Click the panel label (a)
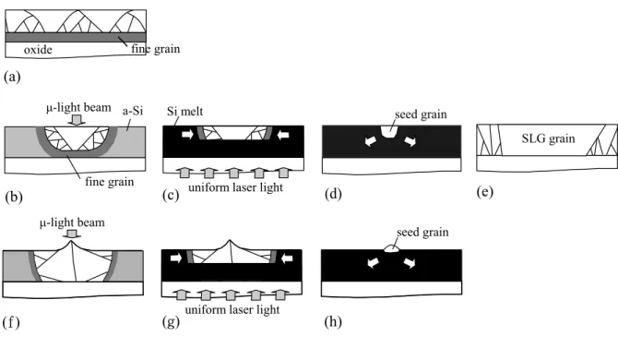click(12, 77)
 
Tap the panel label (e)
click(485, 192)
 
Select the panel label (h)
click(333, 322)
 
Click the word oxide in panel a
click(38, 50)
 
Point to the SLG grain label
click(548, 138)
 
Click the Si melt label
click(184, 111)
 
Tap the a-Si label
click(133, 111)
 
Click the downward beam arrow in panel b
click(77, 120)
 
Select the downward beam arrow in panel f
click(71, 234)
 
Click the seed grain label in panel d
click(421, 114)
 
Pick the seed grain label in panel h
click(422, 233)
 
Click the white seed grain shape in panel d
click(389, 132)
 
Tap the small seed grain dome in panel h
click(391, 248)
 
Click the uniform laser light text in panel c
click(235, 186)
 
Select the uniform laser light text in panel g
click(232, 309)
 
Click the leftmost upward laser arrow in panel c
click(184, 173)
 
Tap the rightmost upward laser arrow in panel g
click(280, 294)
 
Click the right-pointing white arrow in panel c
click(187, 135)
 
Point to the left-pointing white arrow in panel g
click(287, 258)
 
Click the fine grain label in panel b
click(110, 182)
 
